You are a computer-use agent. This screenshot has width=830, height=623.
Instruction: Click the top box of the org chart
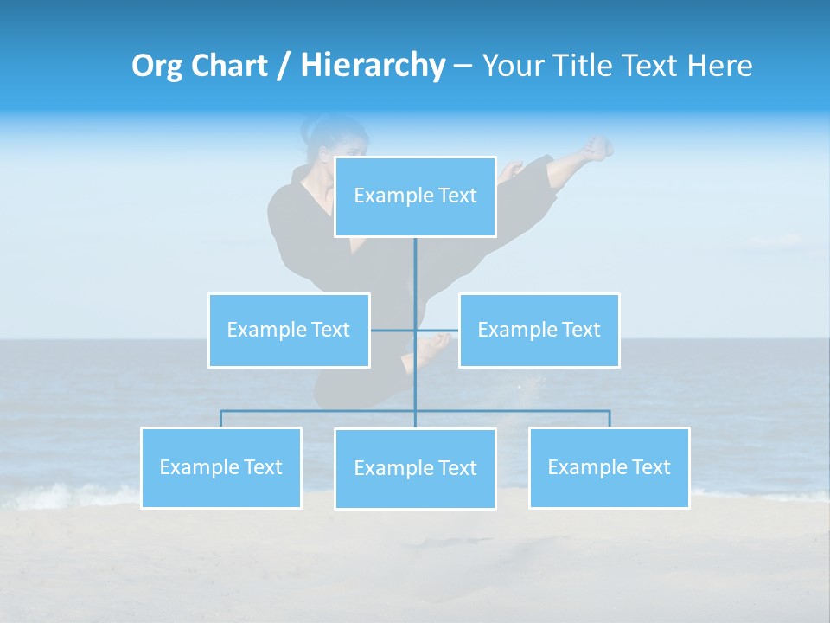click(x=415, y=196)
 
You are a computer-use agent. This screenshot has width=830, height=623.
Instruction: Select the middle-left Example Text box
click(x=289, y=330)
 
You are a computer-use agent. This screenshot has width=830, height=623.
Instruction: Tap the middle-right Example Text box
click(x=539, y=330)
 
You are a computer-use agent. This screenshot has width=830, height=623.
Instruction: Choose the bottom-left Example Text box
click(x=220, y=467)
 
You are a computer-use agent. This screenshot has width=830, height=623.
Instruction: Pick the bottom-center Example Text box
click(x=415, y=468)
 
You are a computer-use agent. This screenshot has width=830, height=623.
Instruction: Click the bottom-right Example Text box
click(x=609, y=467)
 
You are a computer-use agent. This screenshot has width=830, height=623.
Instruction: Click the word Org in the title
click(x=156, y=66)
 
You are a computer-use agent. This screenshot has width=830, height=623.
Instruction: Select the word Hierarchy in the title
click(x=372, y=66)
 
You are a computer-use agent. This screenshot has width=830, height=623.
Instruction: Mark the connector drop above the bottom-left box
click(x=220, y=419)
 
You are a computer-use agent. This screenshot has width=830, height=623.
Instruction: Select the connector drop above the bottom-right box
click(x=610, y=419)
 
